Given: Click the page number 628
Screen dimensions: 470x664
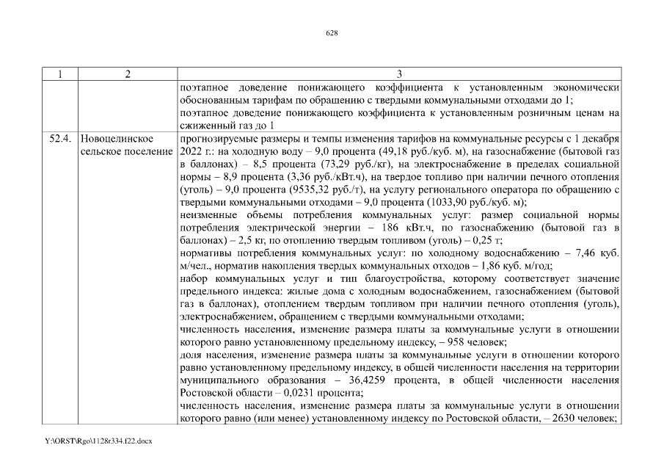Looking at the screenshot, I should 332,33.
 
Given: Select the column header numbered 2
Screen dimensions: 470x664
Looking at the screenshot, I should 128,73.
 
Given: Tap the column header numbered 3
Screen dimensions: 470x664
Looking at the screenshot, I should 398,73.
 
